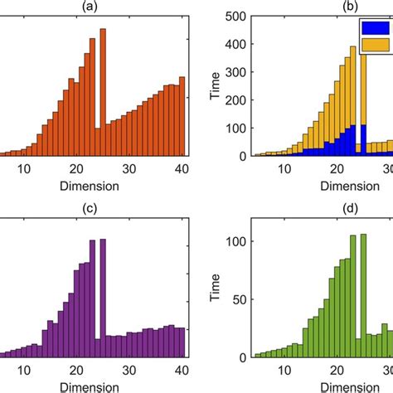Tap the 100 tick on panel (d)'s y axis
tap(236, 241)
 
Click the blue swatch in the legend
tap(374, 28)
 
